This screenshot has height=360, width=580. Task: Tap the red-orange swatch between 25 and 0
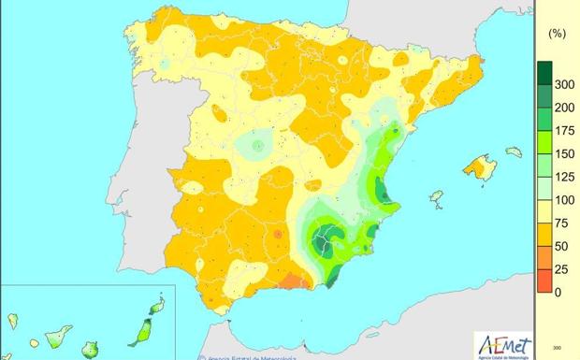[x=543, y=281]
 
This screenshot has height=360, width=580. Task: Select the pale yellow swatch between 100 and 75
[x=543, y=211]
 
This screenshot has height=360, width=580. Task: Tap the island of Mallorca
[x=480, y=168]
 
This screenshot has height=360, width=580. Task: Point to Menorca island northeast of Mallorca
[x=514, y=151]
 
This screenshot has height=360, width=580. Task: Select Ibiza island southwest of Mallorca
[x=435, y=198]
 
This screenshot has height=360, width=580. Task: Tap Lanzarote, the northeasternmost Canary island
[x=158, y=305]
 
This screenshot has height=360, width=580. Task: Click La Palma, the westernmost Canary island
[x=12, y=321]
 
